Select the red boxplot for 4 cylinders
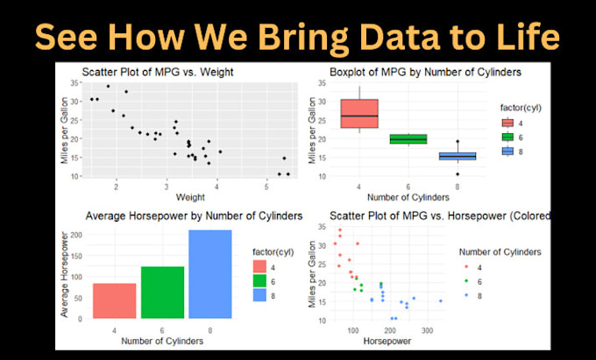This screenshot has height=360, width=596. [x=359, y=114]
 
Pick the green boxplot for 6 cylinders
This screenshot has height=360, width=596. [x=408, y=138]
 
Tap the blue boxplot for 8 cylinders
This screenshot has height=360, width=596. [x=457, y=156]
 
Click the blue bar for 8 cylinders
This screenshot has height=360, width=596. [x=210, y=274]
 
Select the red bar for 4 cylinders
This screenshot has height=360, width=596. [x=115, y=300]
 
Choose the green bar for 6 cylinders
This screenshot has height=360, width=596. [x=162, y=292]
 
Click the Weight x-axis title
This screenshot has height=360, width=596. [x=190, y=195]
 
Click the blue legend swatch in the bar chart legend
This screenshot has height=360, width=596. [x=260, y=295]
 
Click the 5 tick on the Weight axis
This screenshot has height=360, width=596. [x=266, y=185]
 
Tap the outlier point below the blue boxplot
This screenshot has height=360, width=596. [x=457, y=174]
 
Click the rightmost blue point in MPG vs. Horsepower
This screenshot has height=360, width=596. [x=441, y=301]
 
